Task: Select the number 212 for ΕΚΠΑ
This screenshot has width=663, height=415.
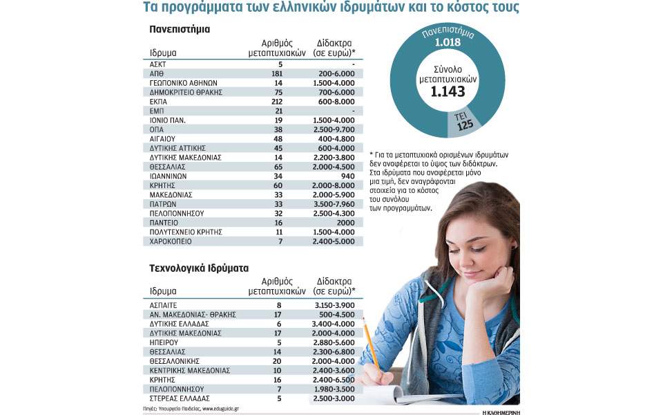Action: tap(278, 101)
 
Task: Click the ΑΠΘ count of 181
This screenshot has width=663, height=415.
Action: tap(278, 73)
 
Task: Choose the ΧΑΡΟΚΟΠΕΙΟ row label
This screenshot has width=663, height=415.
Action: tap(175, 241)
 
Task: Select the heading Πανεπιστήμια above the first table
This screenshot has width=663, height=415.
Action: tap(180, 30)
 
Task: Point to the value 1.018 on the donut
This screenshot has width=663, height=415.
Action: tap(447, 44)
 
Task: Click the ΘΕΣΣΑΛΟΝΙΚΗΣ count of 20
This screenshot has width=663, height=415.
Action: tap(278, 361)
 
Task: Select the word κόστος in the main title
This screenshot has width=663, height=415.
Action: tap(447, 9)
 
